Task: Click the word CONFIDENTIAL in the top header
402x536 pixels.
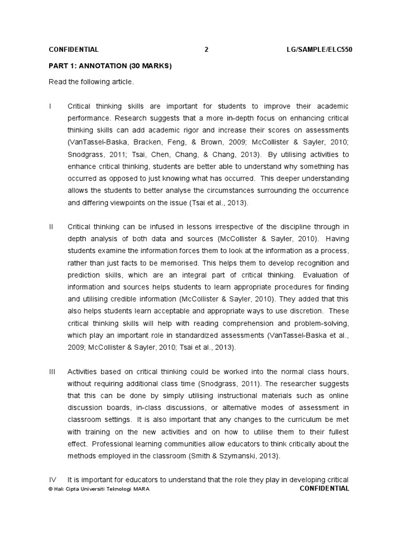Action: (73, 50)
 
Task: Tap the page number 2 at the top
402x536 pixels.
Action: (206, 50)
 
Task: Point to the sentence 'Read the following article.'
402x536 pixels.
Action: (92, 82)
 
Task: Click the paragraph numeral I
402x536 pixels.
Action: (50, 106)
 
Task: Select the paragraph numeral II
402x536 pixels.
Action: (51, 227)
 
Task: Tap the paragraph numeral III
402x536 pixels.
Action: (52, 371)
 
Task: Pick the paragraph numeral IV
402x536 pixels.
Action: (53, 480)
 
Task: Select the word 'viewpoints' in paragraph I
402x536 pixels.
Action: (130, 203)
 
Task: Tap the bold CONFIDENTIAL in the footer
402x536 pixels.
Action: (324, 488)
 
